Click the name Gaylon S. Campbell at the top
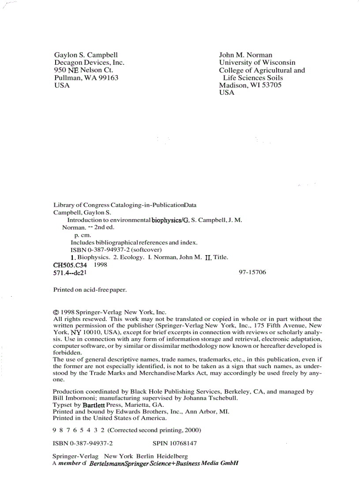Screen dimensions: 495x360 point(86,55)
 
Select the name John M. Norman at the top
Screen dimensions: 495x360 point(245,55)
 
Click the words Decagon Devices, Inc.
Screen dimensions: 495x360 point(89,63)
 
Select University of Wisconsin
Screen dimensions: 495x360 point(257,63)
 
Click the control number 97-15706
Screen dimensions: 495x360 point(252,272)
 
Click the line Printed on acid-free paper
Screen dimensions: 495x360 point(90,290)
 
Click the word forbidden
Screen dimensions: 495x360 point(67,353)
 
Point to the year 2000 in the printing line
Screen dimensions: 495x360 point(192,429)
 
